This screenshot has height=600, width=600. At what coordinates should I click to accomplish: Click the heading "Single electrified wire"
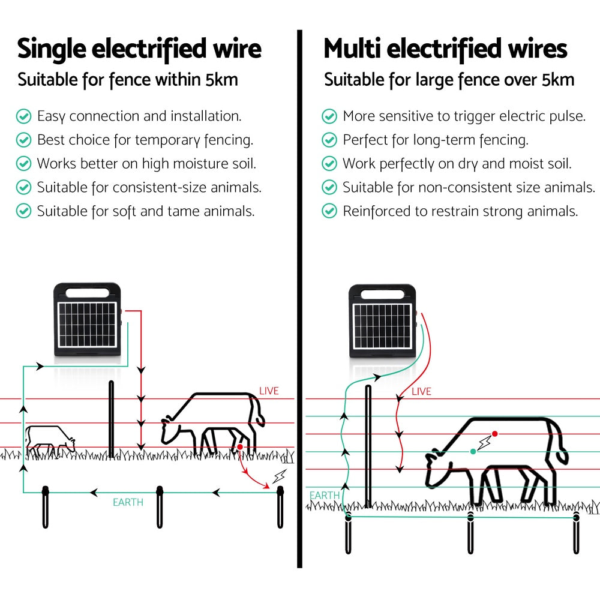click(x=139, y=49)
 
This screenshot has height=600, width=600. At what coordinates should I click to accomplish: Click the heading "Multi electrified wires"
click(x=445, y=49)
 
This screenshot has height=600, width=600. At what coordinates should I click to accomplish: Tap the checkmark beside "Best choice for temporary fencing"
click(x=23, y=140)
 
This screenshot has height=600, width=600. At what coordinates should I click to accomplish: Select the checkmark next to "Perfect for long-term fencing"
click(x=329, y=140)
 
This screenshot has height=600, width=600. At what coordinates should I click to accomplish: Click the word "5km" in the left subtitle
click(x=221, y=80)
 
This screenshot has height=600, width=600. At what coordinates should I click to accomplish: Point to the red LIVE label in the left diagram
click(x=269, y=391)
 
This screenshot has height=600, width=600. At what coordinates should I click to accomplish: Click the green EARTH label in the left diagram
click(x=128, y=502)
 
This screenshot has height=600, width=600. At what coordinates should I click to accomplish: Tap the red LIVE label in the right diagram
click(x=421, y=392)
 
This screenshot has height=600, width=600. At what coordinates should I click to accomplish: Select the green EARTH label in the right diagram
click(x=324, y=496)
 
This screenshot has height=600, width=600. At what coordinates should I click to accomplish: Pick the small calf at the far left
click(x=50, y=440)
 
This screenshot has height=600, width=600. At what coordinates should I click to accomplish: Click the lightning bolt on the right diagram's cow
click(x=484, y=443)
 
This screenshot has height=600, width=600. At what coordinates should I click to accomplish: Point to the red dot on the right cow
click(x=494, y=433)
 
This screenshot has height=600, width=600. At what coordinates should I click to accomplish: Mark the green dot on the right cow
click(x=473, y=451)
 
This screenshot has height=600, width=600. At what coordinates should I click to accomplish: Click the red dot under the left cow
click(x=239, y=447)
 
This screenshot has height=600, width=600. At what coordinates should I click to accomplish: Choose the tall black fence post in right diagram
click(x=368, y=447)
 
